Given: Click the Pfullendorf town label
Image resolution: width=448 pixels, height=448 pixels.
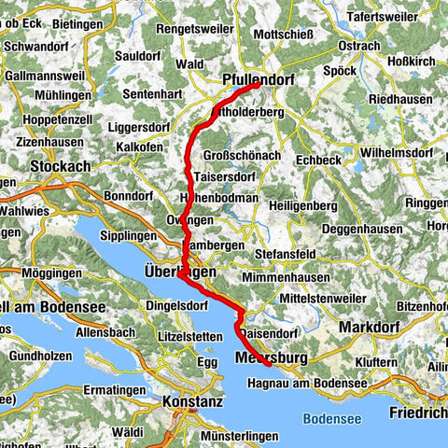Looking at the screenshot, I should click(259, 81).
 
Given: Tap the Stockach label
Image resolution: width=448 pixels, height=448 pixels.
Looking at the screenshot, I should click(61, 166).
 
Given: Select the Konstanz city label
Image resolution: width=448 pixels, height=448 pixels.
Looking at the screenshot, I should click(191, 401).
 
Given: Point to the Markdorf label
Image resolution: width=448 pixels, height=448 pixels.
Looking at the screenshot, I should click(369, 328).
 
